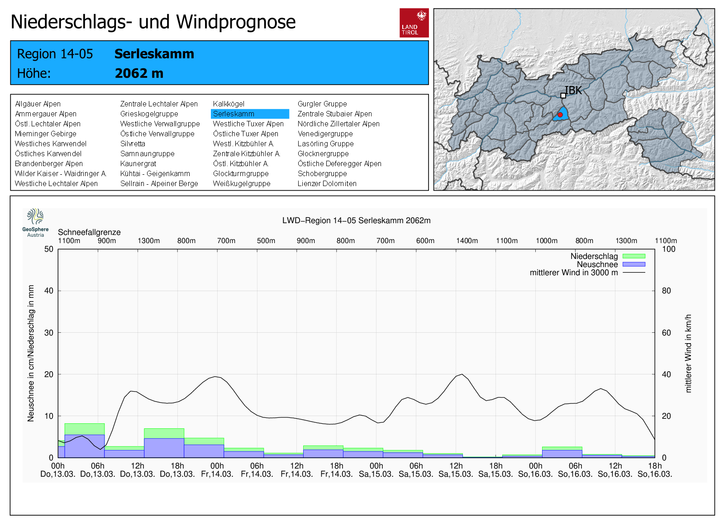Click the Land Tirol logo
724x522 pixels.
414,23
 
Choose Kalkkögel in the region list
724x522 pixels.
229,104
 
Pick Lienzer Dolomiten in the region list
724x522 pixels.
327,184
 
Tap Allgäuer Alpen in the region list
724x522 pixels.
38,104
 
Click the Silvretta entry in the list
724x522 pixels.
133,144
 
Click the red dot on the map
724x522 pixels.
560,115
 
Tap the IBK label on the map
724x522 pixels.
574,91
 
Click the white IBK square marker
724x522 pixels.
563,96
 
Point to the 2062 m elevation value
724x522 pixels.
139,73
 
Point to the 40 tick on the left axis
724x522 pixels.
49,291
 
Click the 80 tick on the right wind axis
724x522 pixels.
666,291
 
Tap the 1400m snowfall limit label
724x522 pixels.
467,241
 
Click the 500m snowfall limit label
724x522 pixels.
266,241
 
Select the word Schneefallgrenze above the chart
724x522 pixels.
89,232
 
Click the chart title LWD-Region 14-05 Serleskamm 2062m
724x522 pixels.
356,220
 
